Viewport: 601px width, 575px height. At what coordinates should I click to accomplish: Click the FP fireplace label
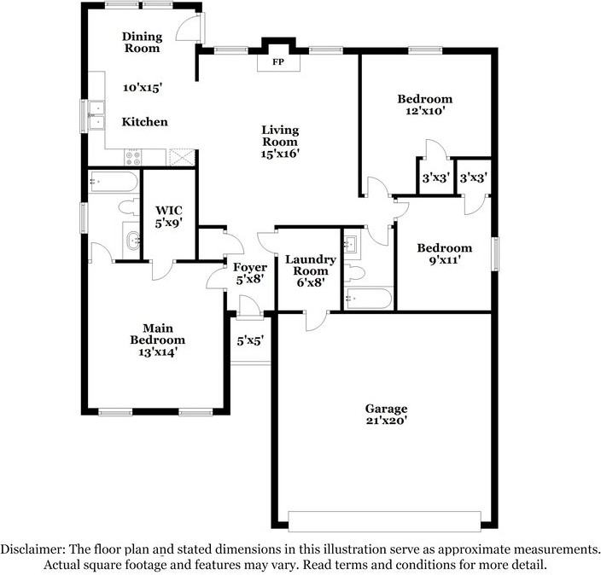click(x=278, y=61)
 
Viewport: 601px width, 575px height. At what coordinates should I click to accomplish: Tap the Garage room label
click(x=386, y=409)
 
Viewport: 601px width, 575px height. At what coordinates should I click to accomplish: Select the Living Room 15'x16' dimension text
click(x=280, y=154)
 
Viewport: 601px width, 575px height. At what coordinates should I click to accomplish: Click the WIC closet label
click(x=169, y=210)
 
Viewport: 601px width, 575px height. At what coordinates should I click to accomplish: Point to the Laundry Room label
click(x=311, y=265)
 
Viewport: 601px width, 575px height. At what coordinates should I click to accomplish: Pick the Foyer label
click(x=250, y=267)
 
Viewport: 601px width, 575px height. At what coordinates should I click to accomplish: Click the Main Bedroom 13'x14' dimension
click(x=158, y=351)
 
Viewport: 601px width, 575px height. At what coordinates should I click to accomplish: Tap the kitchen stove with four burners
click(x=133, y=158)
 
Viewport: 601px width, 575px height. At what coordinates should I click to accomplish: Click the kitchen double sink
click(x=96, y=115)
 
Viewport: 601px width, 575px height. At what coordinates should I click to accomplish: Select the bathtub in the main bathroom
click(x=114, y=182)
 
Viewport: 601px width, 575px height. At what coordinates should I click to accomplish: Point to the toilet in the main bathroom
click(x=129, y=207)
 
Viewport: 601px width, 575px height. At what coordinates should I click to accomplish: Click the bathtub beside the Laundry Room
click(x=368, y=299)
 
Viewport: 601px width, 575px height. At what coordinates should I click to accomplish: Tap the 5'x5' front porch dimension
click(x=250, y=340)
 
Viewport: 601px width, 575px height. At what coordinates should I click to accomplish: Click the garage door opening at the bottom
click(x=384, y=521)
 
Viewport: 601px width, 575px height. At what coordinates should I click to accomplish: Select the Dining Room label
click(x=143, y=42)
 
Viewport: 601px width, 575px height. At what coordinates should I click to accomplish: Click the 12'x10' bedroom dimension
click(x=424, y=111)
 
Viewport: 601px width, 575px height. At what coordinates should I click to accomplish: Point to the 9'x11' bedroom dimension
click(x=445, y=260)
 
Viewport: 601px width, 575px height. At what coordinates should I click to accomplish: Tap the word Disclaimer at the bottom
click(x=32, y=549)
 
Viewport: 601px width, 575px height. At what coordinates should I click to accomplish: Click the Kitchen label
click(x=145, y=122)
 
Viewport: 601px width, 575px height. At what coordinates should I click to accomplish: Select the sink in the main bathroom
click(x=131, y=241)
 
